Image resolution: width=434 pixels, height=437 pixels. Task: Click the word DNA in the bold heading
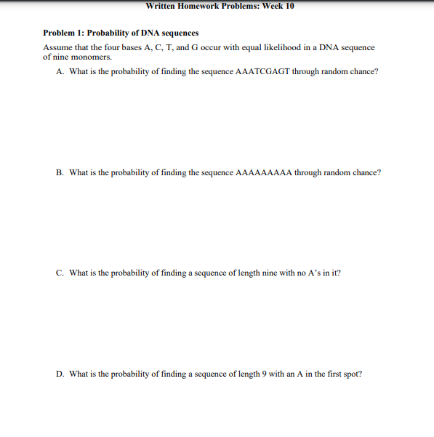pos(147,33)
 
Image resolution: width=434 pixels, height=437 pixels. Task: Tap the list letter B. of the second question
pos(60,173)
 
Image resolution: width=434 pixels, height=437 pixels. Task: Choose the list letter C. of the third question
pos(60,273)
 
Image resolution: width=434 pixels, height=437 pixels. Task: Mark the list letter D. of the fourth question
pos(60,374)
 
